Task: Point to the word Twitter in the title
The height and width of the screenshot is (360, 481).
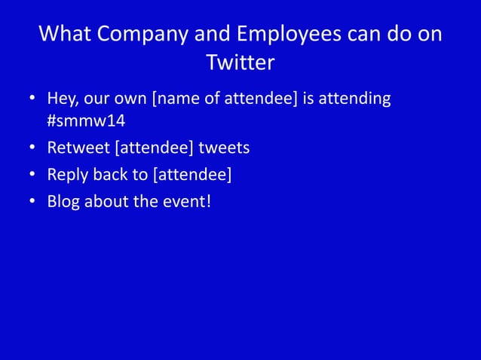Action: coord(240,63)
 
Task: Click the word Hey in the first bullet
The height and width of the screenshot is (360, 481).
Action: coord(62,99)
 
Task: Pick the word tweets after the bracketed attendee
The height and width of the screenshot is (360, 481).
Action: coord(224,148)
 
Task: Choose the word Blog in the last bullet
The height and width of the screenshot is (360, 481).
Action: coord(63,201)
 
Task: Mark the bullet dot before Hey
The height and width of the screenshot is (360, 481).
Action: coord(32,99)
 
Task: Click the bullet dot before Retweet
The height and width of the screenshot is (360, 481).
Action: coord(32,148)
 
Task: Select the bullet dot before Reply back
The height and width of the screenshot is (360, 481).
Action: coord(32,175)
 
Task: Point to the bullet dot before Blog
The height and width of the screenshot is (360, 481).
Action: coord(32,201)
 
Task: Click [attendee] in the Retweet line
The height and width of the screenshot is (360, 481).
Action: coord(154,148)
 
